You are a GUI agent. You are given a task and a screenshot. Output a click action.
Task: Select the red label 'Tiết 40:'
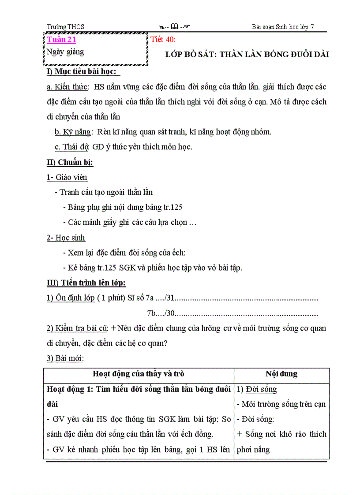tap(163, 40)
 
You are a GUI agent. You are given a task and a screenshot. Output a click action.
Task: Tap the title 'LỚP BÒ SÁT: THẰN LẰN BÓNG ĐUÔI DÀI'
tap(247, 55)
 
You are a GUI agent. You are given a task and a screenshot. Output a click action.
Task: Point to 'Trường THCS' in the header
tap(65, 27)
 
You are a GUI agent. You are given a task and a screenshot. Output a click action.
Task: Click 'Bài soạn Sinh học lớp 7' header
tap(283, 27)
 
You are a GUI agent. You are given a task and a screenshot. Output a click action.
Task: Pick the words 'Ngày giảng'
tap(65, 52)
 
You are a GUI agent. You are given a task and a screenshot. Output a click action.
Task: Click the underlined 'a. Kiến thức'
tap(67, 87)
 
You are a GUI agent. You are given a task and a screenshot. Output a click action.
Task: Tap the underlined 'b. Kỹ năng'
tap(73, 132)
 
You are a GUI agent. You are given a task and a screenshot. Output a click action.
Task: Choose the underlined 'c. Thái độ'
tap(72, 147)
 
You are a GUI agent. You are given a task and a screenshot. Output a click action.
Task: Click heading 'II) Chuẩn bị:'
tap(70, 162)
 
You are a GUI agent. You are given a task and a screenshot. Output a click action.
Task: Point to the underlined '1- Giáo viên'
tap(67, 177)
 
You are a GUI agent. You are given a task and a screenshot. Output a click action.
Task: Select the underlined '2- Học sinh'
tap(66, 238)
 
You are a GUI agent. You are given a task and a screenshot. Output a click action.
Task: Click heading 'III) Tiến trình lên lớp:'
tap(86, 283)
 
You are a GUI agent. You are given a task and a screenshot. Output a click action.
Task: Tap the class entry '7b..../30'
tap(161, 313)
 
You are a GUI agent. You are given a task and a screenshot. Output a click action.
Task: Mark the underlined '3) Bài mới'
tap(65, 358)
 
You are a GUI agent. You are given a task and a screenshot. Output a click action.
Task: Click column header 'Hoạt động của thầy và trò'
tap(138, 374)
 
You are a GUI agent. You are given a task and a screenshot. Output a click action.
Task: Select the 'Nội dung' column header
tap(281, 374)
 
